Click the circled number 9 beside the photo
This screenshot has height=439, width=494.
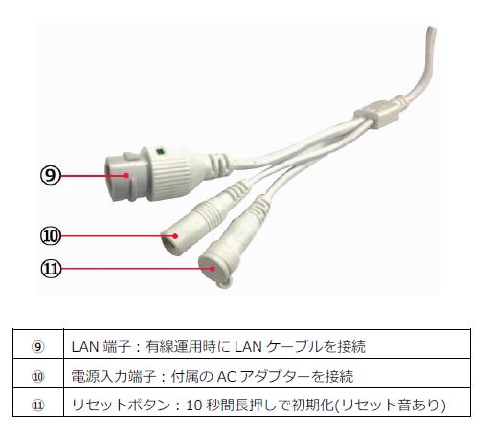[x=51, y=175]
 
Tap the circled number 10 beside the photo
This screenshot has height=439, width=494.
[x=51, y=236]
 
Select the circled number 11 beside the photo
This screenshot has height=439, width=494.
[x=51, y=269]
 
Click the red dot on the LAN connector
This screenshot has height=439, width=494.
[x=126, y=175]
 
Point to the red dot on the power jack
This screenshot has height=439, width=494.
[x=175, y=236]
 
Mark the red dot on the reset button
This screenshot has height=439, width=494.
[x=213, y=269]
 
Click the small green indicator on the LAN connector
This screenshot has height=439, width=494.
[x=160, y=151]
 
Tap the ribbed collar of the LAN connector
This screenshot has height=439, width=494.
[x=168, y=174]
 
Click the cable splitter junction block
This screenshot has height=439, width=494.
[x=377, y=113]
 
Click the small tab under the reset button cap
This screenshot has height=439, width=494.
[x=224, y=282]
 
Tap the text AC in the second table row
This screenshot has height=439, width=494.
[x=227, y=377]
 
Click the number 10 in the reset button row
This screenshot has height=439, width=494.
[x=194, y=406]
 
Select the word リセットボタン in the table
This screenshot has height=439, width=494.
[x=122, y=406]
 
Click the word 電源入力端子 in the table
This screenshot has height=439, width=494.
[x=114, y=377]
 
